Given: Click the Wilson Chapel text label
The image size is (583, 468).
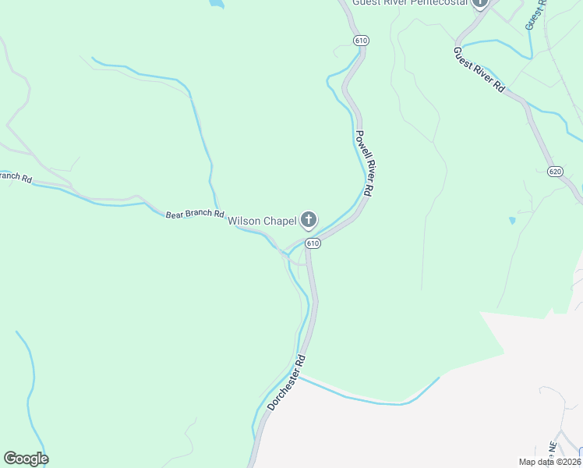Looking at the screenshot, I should click(x=262, y=222).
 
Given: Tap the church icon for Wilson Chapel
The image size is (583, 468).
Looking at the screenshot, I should click(x=309, y=221).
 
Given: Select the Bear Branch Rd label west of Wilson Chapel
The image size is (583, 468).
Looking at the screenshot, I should click(x=195, y=214).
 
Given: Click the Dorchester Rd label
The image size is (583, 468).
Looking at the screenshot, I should click(x=287, y=384).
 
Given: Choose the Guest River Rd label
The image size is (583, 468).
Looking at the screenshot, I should click(x=479, y=70).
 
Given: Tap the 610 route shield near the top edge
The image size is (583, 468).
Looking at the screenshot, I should click(x=360, y=40).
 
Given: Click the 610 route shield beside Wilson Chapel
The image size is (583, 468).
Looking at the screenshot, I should click(x=313, y=243).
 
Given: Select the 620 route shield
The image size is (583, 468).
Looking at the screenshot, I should click(x=555, y=171).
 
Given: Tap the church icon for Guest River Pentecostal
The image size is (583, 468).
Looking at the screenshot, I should click(x=480, y=3).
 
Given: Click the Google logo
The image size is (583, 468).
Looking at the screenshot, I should click(x=26, y=459).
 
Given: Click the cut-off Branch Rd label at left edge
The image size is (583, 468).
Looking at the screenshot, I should click(x=16, y=177).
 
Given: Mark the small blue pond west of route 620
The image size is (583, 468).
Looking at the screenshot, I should click(x=512, y=221).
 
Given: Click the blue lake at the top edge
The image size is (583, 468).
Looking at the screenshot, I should click(x=216, y=3).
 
